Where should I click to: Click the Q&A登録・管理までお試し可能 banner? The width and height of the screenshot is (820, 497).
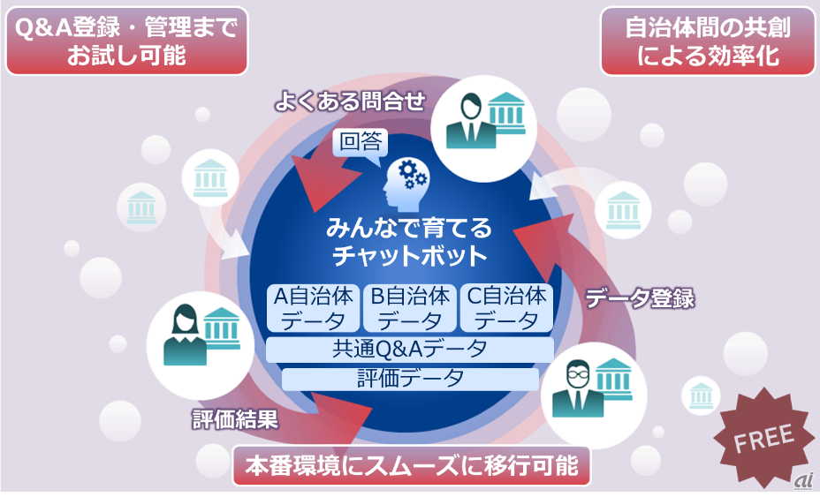tap(126, 41)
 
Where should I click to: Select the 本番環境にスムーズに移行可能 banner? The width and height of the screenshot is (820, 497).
tap(411, 466)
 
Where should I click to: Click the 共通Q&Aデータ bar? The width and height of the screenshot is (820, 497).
tap(409, 350)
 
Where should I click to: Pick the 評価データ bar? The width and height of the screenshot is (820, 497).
tap(409, 379)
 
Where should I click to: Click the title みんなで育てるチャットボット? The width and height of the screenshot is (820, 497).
tap(409, 242)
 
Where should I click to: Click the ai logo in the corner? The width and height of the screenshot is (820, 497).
tap(802, 479)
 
